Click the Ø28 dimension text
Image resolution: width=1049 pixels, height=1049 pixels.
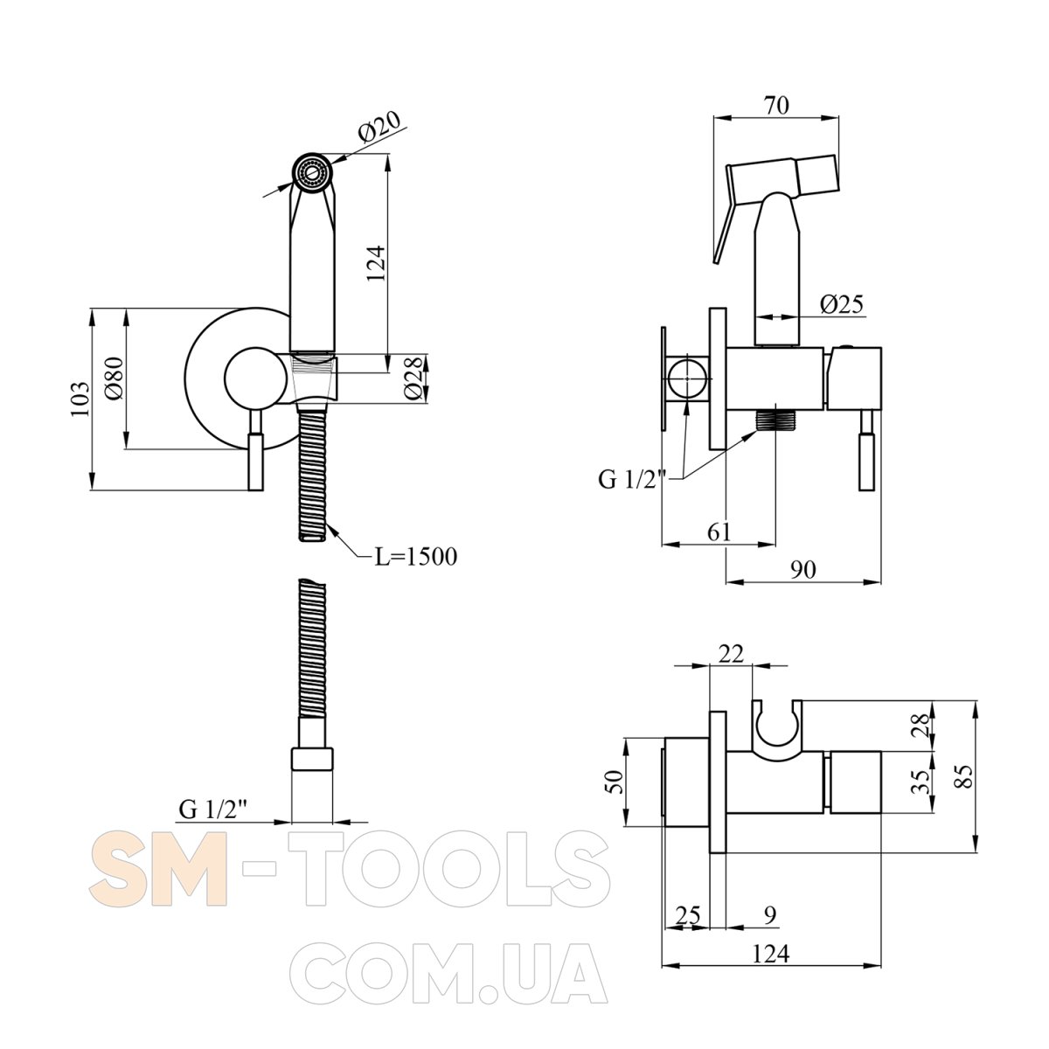point(413,379)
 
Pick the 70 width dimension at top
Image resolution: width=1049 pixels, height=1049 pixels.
point(775,105)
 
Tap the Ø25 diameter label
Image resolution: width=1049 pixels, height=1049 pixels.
point(842,305)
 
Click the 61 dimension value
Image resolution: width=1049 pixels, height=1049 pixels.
point(719,531)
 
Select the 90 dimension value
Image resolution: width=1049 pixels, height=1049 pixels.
point(803,569)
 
